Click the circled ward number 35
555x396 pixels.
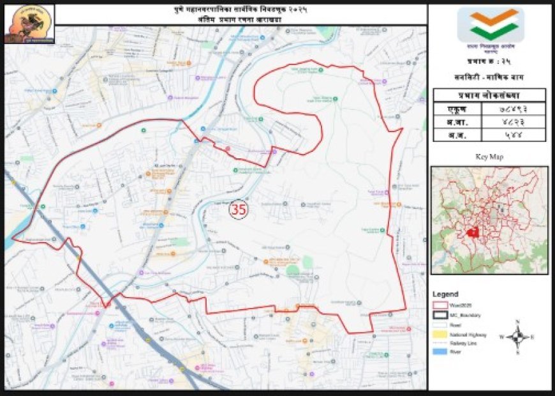pyautogui.click(x=239, y=209)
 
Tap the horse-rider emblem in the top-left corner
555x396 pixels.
pyautogui.click(x=29, y=24)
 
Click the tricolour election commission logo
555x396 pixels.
pyautogui.click(x=491, y=26)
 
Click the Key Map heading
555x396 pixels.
pyautogui.click(x=489, y=156)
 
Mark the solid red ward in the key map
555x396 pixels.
pyautogui.click(x=473, y=233)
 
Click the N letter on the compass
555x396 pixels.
pyautogui.click(x=519, y=322)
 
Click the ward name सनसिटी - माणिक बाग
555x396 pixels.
pyautogui.click(x=490, y=76)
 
